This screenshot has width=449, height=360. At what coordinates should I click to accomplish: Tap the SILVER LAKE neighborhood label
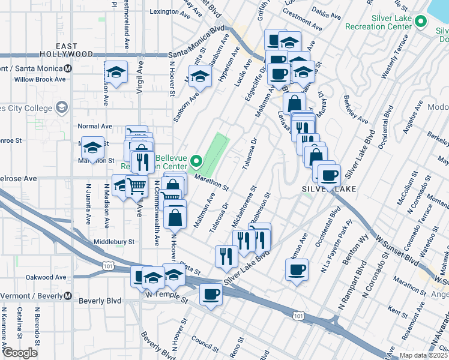pyautogui.click(x=329, y=188)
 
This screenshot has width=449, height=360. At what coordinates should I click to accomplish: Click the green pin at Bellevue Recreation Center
pyautogui.click(x=197, y=161)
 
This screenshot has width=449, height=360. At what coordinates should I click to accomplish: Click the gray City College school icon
pyautogui.click(x=61, y=107)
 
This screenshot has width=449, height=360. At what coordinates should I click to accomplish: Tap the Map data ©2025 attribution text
pyautogui.click(x=424, y=355)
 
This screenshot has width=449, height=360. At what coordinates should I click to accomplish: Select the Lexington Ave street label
pyautogui.click(x=164, y=11)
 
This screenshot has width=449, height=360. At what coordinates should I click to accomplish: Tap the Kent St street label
pyautogui.click(x=398, y=310)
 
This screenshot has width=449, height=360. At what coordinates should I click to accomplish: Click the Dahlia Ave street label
pyautogui.click(x=329, y=15)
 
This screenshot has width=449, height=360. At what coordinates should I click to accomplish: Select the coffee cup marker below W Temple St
pyautogui.click(x=211, y=294)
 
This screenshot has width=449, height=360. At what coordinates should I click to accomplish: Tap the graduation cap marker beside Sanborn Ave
pyautogui.click(x=201, y=77)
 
